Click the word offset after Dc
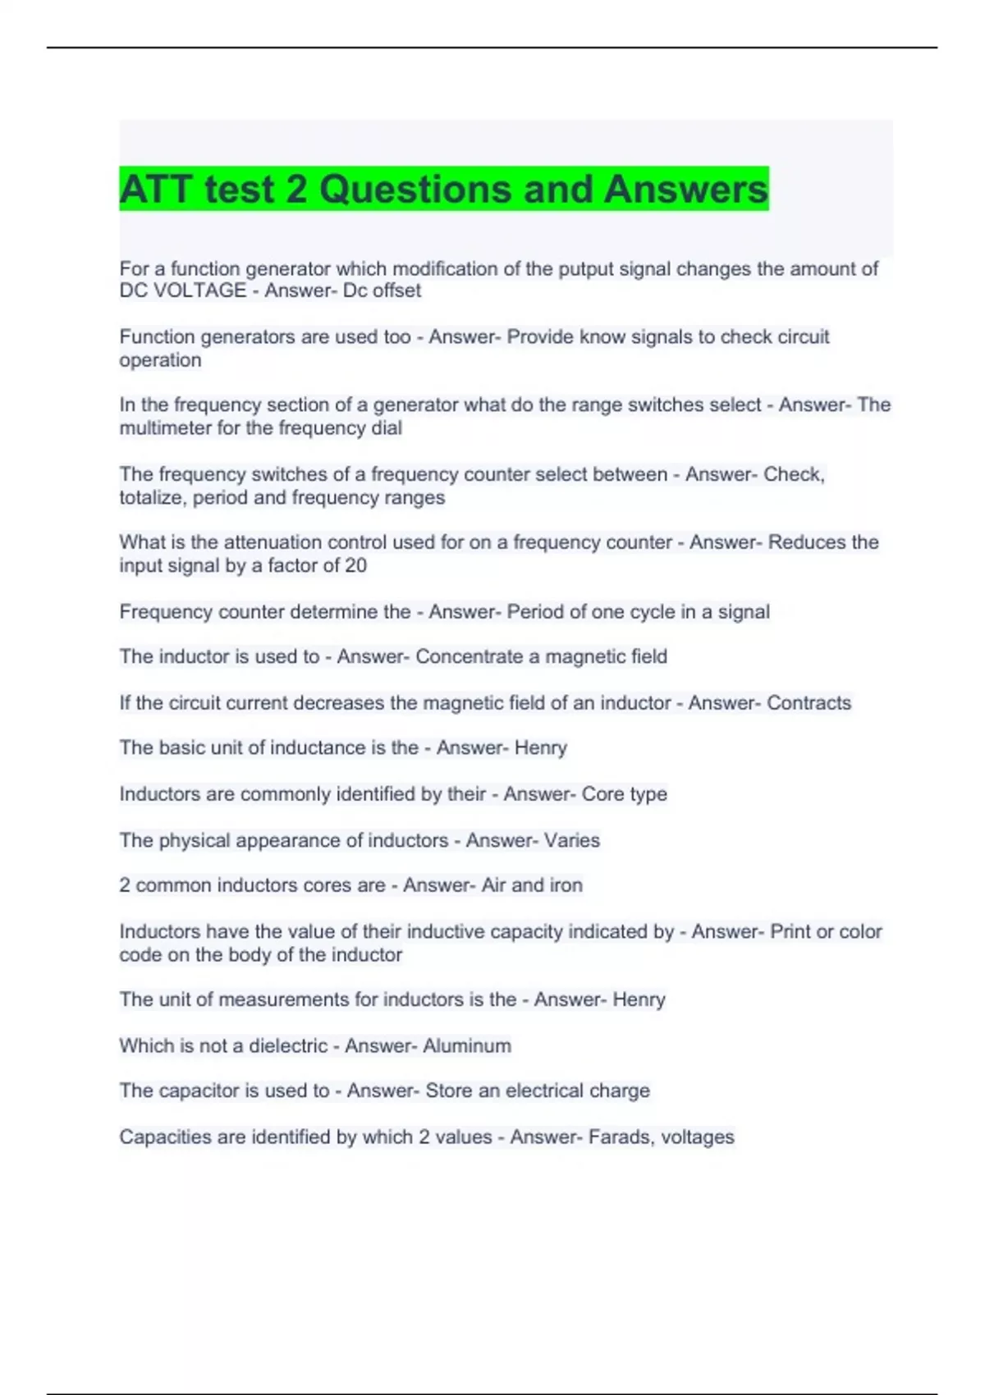click(x=397, y=290)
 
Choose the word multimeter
click(x=165, y=428)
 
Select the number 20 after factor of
click(x=355, y=565)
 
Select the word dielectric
click(x=288, y=1045)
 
